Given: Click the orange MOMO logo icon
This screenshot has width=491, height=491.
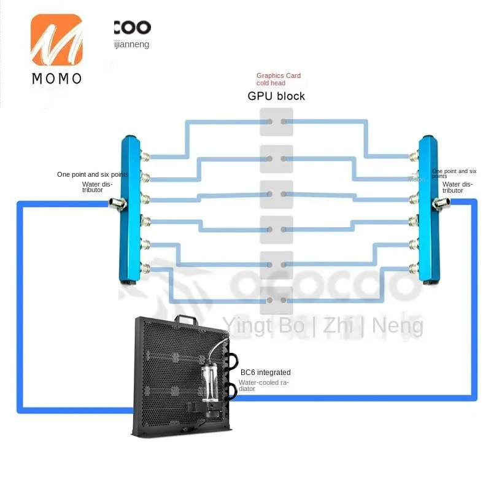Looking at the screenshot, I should pyautogui.click(x=56, y=41).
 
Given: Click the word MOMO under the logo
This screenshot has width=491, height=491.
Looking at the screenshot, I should pyautogui.click(x=56, y=79).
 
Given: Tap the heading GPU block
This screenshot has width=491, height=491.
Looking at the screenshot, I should pyautogui.click(x=276, y=96).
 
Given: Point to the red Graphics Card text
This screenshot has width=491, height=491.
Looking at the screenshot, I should pyautogui.click(x=279, y=76).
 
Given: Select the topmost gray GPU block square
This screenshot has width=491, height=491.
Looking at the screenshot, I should pyautogui.click(x=276, y=122).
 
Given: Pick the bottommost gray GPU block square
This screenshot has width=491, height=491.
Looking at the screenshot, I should pyautogui.click(x=276, y=301).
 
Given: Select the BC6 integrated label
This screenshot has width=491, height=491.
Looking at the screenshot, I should pyautogui.click(x=266, y=373).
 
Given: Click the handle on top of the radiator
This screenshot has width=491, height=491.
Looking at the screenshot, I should pyautogui.click(x=184, y=320).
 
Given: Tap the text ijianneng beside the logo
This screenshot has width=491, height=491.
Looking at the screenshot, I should pyautogui.click(x=131, y=44).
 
